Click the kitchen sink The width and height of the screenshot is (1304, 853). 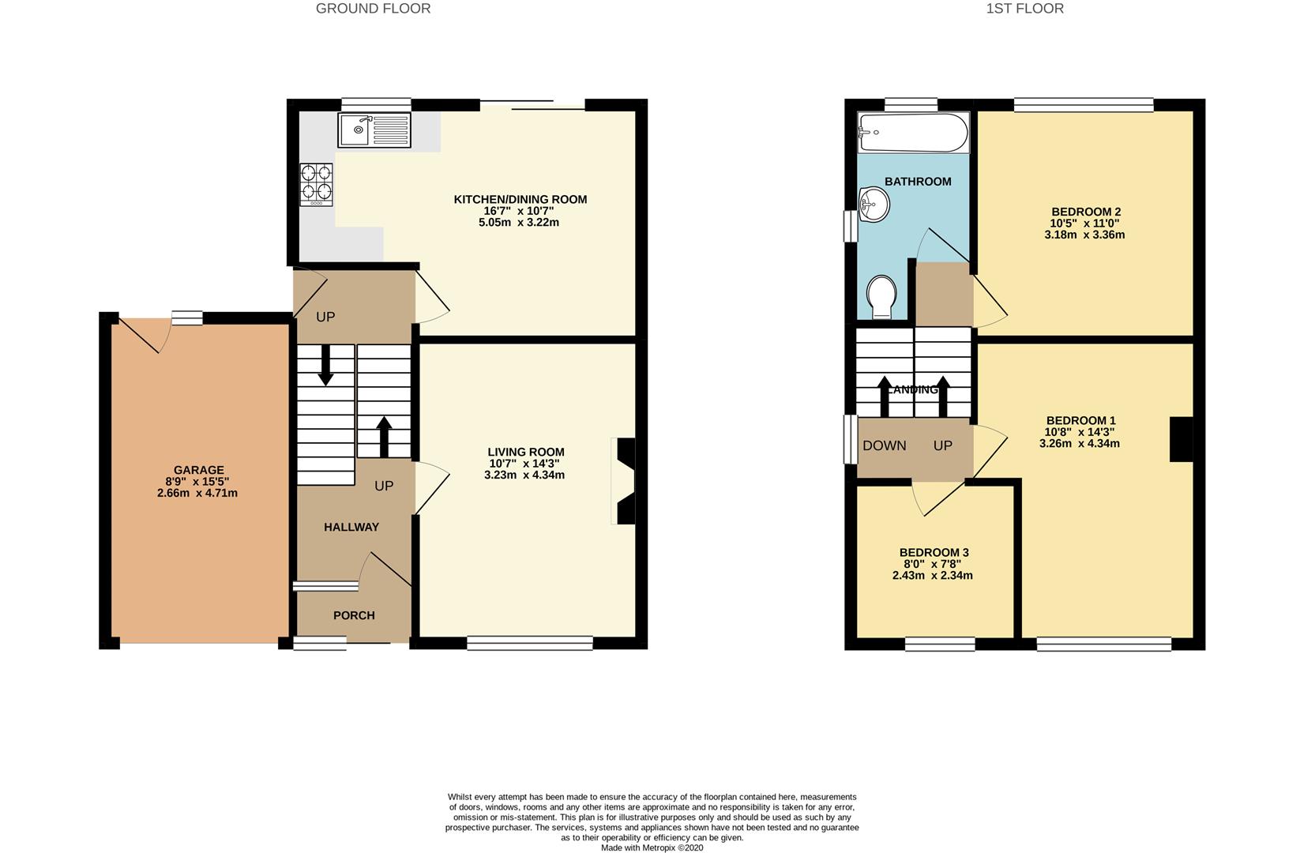pyautogui.click(x=375, y=130)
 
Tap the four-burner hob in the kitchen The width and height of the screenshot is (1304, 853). pyautogui.click(x=317, y=185)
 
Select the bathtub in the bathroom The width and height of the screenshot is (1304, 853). pyautogui.click(x=913, y=133)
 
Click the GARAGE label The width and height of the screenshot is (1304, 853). pyautogui.click(x=199, y=470)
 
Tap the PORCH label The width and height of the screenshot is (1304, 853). pyautogui.click(x=354, y=615)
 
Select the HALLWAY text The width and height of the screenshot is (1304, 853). pyautogui.click(x=351, y=527)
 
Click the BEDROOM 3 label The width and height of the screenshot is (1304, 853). pyautogui.click(x=934, y=553)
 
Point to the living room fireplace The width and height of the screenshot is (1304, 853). pyautogui.click(x=624, y=481)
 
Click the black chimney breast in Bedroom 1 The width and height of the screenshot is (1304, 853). pyautogui.click(x=1182, y=439)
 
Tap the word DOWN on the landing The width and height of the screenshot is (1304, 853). pyautogui.click(x=884, y=445)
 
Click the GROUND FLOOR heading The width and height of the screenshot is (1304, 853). pyautogui.click(x=373, y=9)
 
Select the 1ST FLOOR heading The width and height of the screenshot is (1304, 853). pyautogui.click(x=1024, y=9)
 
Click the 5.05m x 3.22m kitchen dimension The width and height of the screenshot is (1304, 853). pyautogui.click(x=520, y=223)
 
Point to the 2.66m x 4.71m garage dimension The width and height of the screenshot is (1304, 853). pyautogui.click(x=197, y=493)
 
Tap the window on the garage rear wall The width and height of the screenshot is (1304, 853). pyautogui.click(x=187, y=318)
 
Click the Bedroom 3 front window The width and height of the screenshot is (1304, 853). pyautogui.click(x=939, y=644)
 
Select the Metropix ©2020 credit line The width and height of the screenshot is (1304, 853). pyautogui.click(x=652, y=848)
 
